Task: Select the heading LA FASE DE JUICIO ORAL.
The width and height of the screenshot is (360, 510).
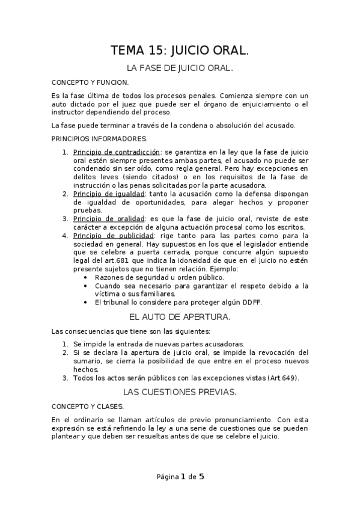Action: (x=180, y=69)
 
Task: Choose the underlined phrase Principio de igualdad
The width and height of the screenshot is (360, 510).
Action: (x=109, y=194)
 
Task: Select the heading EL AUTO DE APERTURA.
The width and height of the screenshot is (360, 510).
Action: (x=180, y=316)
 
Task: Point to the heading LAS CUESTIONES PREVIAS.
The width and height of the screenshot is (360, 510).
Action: (x=180, y=392)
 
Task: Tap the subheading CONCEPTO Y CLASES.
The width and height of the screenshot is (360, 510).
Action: (x=80, y=406)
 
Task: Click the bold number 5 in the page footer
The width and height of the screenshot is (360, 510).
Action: (x=201, y=477)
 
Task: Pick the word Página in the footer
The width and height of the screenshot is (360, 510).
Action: (x=167, y=478)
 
